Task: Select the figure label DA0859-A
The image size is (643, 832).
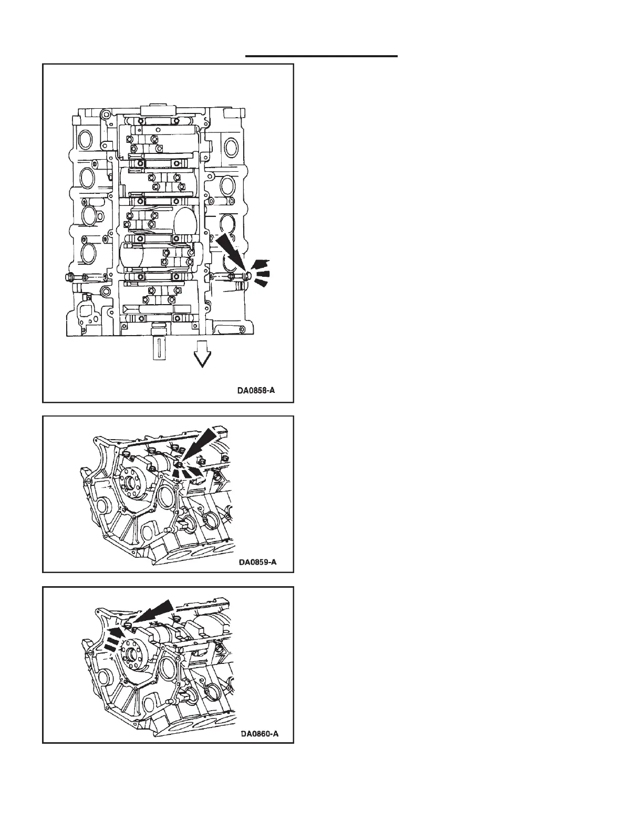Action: (x=257, y=562)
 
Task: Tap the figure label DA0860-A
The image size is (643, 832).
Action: (x=258, y=733)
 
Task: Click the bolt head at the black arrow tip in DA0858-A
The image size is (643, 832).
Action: (x=248, y=275)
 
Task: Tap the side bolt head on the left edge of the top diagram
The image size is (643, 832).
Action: (x=69, y=277)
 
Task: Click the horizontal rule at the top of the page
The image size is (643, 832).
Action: (x=321, y=55)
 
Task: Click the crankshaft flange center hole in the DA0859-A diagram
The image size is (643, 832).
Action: (x=128, y=483)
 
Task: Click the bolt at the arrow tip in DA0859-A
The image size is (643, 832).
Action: (x=180, y=465)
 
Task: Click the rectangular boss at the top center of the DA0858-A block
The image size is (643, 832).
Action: (x=158, y=109)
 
